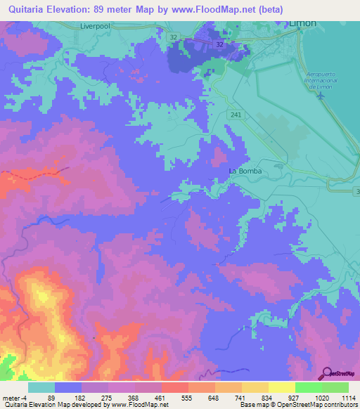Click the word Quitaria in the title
coord(29,8)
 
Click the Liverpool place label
coord(92,27)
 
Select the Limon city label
coord(303,23)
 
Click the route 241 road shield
coord(234,113)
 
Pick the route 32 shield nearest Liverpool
coord(173,35)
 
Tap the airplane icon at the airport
coord(323,96)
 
